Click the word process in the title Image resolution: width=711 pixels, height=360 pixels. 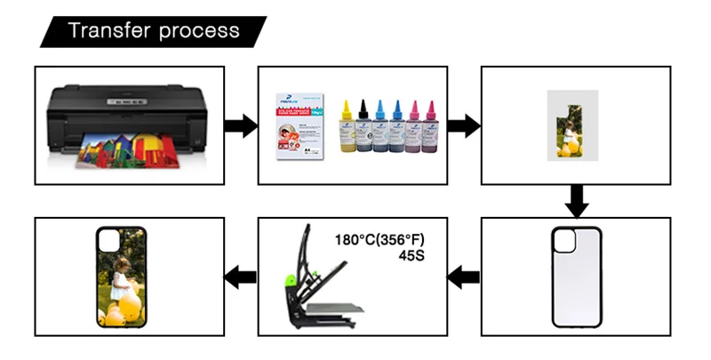(x=199, y=32)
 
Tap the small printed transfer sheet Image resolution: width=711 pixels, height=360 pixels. (x=572, y=125)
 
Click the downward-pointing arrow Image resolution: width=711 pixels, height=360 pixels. (x=577, y=200)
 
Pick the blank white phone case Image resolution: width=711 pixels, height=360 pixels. (x=577, y=278)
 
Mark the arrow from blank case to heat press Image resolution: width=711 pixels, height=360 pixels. (x=463, y=278)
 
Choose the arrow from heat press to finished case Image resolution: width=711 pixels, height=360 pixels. (x=236, y=278)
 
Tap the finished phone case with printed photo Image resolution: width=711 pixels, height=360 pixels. (x=121, y=276)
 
